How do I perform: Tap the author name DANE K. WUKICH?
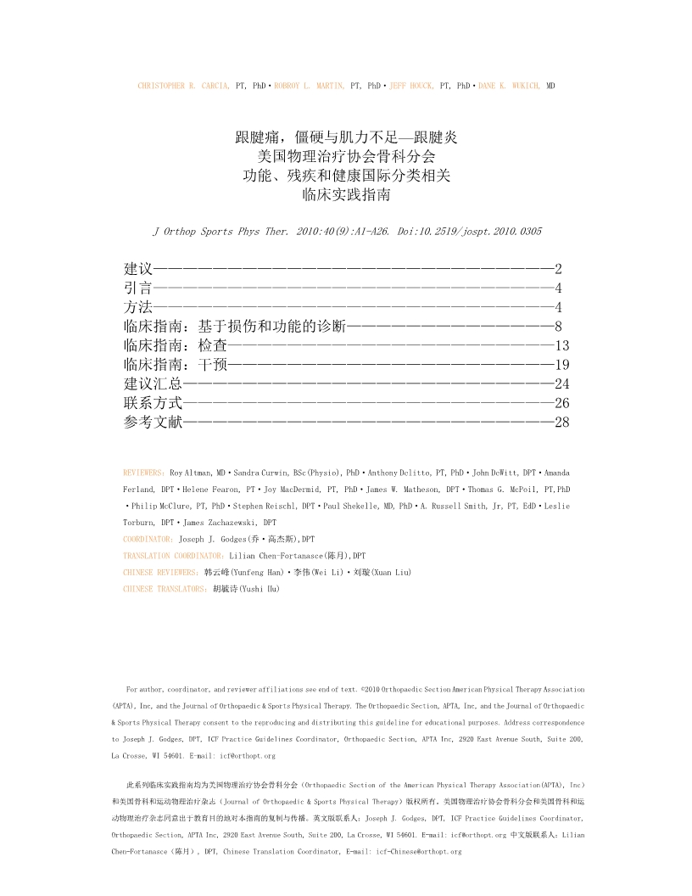point(510,87)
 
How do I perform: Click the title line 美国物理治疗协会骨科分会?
point(346,155)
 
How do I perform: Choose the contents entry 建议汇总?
point(153,384)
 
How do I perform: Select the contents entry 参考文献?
point(153,423)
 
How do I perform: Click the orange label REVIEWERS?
point(144,471)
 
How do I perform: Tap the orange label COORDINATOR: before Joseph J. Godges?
point(148,539)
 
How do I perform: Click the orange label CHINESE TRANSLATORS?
point(165,589)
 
